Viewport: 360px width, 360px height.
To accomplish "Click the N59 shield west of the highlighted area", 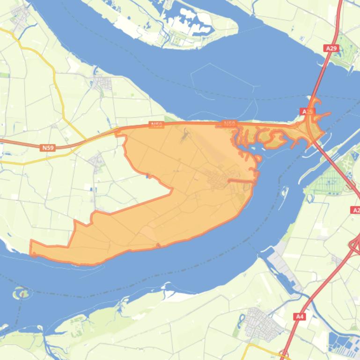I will pos(48,148).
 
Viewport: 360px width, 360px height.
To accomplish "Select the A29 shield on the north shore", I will pos(331,48).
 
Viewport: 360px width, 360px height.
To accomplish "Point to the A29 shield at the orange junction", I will pos(307,112).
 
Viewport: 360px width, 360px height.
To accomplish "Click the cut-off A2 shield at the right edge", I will pos(355,210).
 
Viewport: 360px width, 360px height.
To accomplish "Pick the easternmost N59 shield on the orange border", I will pos(229,124).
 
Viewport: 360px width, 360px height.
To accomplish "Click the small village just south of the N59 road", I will pos(98,162).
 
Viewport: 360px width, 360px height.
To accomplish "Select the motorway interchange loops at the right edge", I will pos(354,245).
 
